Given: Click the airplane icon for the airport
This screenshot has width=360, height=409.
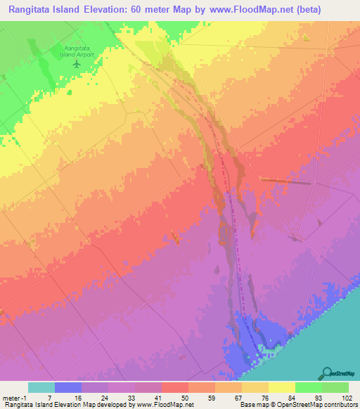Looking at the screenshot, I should click(x=77, y=64).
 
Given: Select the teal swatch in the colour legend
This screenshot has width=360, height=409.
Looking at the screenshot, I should click(x=41, y=387).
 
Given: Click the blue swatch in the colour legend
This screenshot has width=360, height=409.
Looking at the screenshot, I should click(x=67, y=387).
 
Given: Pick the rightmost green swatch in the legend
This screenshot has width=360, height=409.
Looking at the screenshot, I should click(x=335, y=387).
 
